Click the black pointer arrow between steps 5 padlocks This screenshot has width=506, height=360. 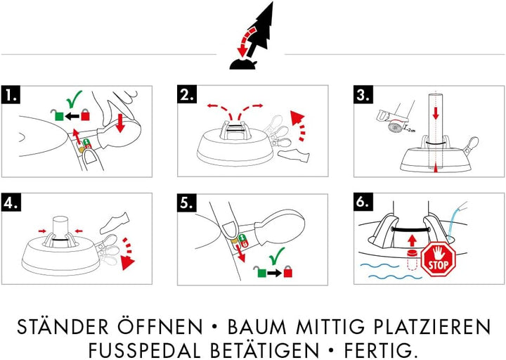273,270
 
